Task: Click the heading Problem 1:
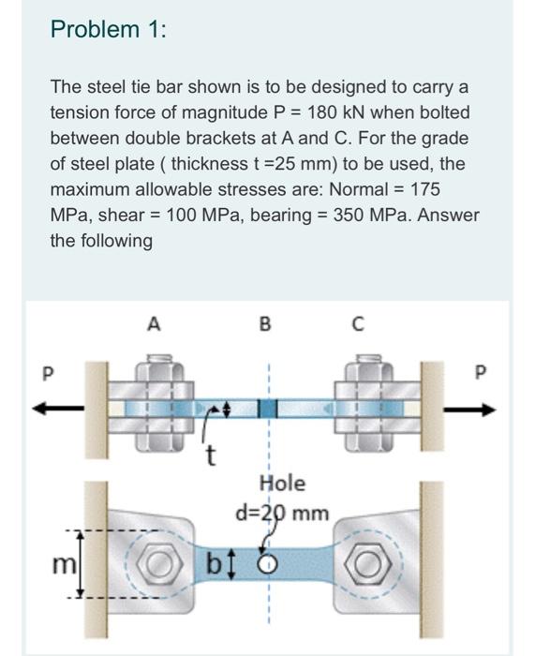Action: point(108,30)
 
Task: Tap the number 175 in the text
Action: point(425,189)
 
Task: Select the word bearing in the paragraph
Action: point(281,216)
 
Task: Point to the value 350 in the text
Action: point(349,215)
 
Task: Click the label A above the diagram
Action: point(154,324)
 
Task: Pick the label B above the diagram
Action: point(265,324)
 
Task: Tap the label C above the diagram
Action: point(358,324)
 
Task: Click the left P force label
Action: point(49,373)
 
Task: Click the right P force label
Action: point(481,371)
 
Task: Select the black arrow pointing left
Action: point(59,409)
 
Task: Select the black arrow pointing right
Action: point(470,410)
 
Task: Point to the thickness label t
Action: point(212,455)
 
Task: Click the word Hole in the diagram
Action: point(283,484)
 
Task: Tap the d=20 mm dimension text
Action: point(282,513)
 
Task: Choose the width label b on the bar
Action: point(214,565)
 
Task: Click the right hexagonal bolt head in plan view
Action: point(368,564)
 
